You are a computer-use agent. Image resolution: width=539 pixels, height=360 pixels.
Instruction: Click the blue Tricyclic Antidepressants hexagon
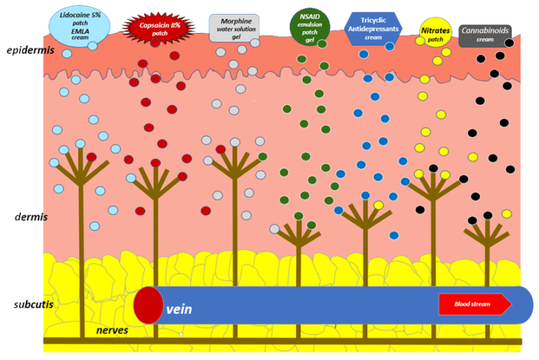373,27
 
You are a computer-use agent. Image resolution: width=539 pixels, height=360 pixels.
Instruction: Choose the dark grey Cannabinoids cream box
485,35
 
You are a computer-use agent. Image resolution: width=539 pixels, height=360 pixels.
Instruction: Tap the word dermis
31,216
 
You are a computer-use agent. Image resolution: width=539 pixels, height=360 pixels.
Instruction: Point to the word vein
179,308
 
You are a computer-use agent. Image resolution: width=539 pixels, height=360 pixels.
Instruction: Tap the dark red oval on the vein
148,305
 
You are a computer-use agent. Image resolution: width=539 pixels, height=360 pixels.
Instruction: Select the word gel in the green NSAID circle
309,40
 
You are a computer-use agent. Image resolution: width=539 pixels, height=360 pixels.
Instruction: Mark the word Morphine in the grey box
235,21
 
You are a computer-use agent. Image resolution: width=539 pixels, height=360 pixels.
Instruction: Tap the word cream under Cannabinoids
485,40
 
